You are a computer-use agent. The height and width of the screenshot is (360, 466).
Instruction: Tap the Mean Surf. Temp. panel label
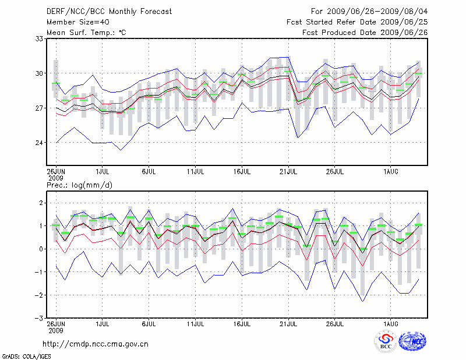click(86, 33)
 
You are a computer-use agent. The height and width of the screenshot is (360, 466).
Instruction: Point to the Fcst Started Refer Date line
click(357, 22)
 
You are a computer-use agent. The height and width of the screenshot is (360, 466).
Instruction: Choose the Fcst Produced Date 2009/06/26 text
click(365, 33)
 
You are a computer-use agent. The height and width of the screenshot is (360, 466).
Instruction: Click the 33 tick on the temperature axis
click(40, 39)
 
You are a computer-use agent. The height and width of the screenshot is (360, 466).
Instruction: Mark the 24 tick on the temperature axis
click(40, 143)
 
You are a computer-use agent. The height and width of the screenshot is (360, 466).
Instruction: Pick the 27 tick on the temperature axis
click(40, 108)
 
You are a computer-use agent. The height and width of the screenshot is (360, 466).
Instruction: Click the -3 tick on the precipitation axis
click(40, 318)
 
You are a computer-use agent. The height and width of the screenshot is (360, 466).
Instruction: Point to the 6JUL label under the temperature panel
click(149, 171)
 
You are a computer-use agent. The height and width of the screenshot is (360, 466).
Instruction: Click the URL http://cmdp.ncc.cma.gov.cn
click(96, 344)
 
